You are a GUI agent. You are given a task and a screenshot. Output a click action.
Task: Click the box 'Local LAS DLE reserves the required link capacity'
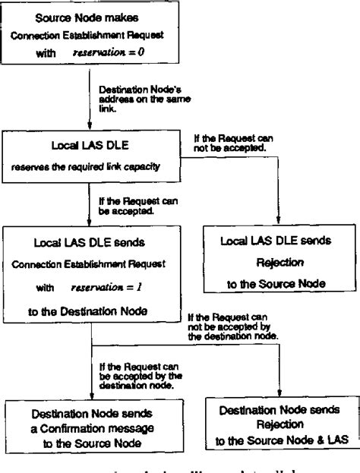tap(92, 155)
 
